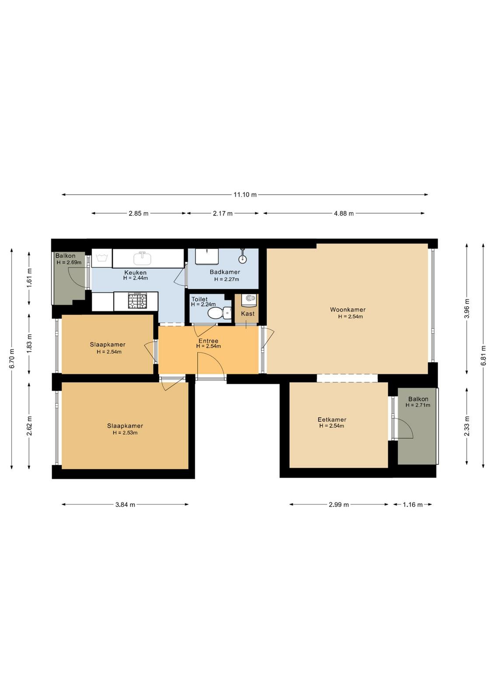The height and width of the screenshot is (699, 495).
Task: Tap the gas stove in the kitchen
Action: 137,301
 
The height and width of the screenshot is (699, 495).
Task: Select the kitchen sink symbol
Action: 143,258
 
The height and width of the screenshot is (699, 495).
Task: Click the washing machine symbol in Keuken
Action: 102,258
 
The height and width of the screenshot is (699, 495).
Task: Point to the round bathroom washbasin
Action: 242,259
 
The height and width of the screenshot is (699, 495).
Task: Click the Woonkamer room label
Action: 348,310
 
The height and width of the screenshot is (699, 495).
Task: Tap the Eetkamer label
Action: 331,420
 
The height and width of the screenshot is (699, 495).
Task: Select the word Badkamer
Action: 225,272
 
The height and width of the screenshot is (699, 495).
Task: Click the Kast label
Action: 247,314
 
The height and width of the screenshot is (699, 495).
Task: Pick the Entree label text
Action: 208,341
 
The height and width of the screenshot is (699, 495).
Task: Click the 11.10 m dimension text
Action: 245,195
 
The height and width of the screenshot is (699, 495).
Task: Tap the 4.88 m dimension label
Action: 344,214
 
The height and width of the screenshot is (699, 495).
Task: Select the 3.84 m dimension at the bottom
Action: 125,505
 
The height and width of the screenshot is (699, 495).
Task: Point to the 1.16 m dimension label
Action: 412,505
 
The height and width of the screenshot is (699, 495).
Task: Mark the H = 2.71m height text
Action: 418,405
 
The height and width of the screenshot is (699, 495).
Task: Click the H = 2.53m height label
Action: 125,433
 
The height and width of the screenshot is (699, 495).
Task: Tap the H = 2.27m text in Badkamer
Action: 227,279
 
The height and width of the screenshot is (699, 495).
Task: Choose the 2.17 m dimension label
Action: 223,214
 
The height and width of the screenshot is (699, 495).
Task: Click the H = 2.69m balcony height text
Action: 69,263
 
